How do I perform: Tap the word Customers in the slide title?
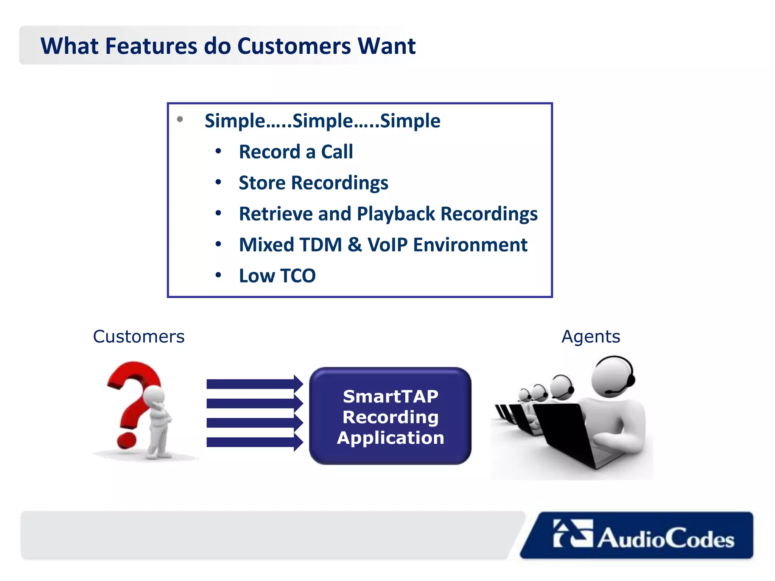294,46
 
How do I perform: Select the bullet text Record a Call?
296,152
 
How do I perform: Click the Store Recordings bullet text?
313,183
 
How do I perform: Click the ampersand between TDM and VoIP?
355,245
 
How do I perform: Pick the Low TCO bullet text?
277,276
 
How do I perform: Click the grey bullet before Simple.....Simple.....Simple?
180,120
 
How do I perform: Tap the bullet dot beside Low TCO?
218,275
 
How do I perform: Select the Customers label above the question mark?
139,337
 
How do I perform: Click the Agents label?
591,337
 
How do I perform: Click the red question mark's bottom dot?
126,440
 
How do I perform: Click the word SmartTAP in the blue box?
391,396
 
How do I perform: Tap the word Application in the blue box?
391,438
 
